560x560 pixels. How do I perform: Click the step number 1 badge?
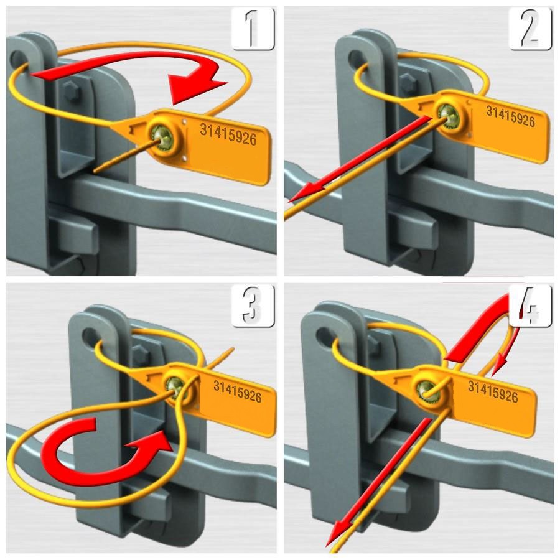tap(253, 29)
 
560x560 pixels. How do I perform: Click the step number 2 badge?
tap(530, 29)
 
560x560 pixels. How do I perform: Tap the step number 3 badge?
tap(253, 306)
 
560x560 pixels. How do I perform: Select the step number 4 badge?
tap(530, 306)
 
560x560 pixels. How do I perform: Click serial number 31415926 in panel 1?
tap(228, 134)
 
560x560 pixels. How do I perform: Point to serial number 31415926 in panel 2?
tap(511, 116)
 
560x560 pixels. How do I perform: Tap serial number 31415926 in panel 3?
tap(238, 391)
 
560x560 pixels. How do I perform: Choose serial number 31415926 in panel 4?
tap(493, 392)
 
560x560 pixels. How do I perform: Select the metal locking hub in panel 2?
tap(450, 114)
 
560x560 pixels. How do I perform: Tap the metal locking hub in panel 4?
tap(427, 390)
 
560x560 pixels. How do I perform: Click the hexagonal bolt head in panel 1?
tap(72, 91)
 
